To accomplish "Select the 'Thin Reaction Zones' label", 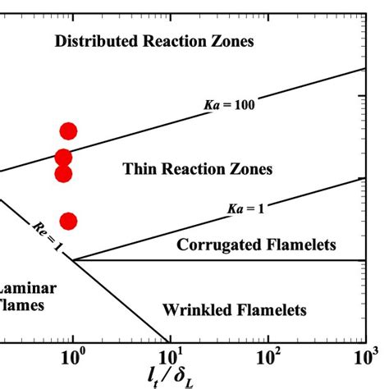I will click(x=198, y=169).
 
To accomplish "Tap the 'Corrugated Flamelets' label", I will click(x=245, y=245).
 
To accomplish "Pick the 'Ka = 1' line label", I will click(x=245, y=209).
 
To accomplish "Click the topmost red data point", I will click(x=68, y=131).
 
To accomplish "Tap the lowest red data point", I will click(x=68, y=221).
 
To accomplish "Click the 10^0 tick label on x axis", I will click(x=73, y=358).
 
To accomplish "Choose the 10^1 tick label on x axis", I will click(x=170, y=358).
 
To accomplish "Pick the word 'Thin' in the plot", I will click(x=138, y=169).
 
